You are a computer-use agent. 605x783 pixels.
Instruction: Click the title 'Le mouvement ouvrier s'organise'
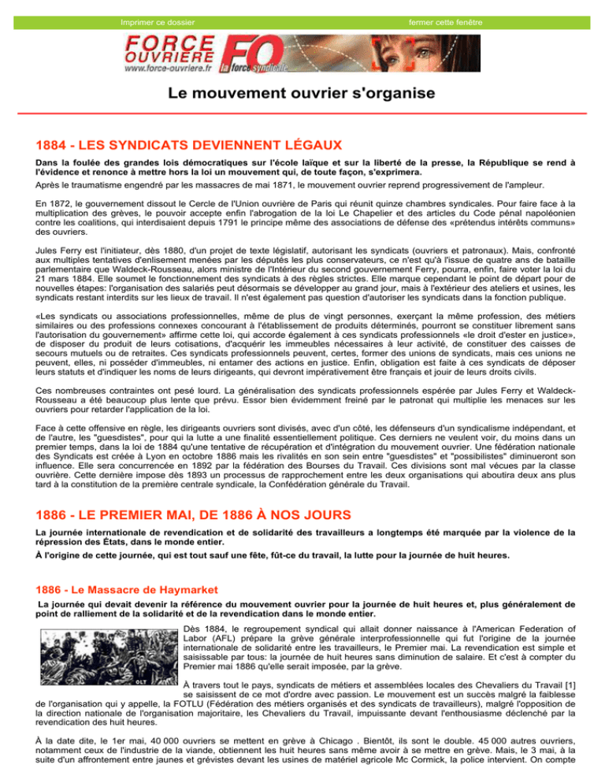pyautogui.click(x=302, y=94)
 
